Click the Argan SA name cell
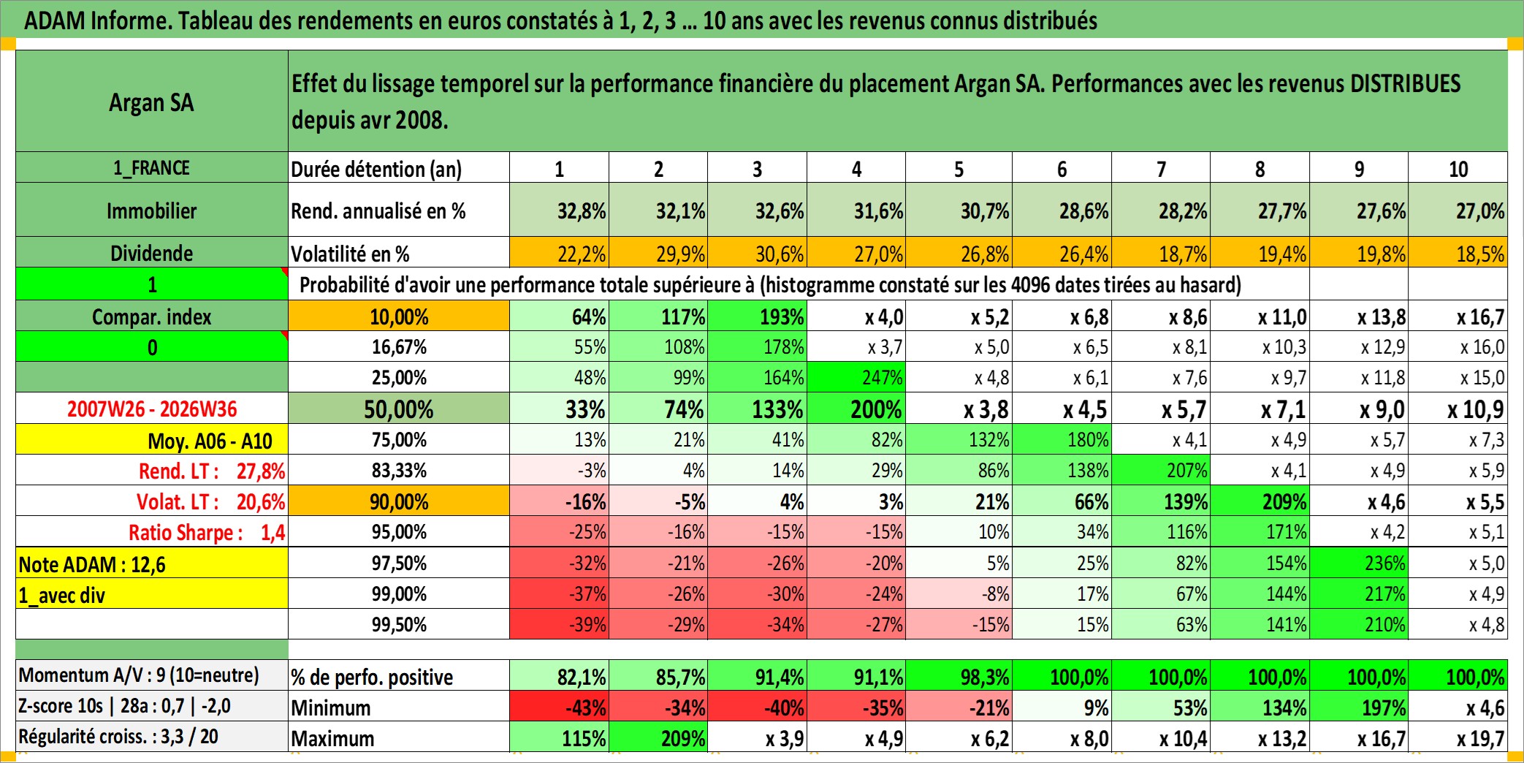tap(152, 102)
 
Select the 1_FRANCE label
tap(151, 168)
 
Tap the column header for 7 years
tap(1161, 169)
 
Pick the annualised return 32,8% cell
tap(560, 210)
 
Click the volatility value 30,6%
tap(758, 254)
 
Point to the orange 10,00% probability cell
tap(399, 316)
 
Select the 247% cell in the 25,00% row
tap(856, 377)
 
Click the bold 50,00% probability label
tap(399, 409)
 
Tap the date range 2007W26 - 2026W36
tap(152, 409)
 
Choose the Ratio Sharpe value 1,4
tap(273, 533)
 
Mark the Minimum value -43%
tap(560, 707)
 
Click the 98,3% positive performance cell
tap(959, 677)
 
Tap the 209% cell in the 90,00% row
tap(1260, 502)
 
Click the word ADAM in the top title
tap(55, 20)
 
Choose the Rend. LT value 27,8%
tap(261, 471)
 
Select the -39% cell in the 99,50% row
tap(560, 624)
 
